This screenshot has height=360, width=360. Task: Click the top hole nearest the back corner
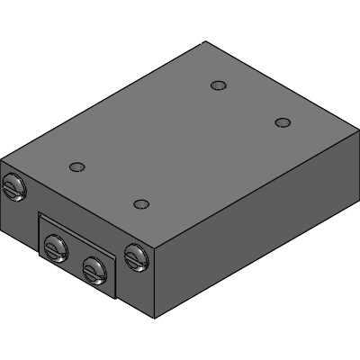tap(217, 85)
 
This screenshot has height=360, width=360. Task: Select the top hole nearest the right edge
tap(283, 122)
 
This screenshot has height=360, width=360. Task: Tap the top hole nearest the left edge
tap(77, 166)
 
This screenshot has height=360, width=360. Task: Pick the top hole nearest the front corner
tap(140, 203)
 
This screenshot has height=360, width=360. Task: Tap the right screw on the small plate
tap(93, 266)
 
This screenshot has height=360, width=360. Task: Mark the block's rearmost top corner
tap(205, 41)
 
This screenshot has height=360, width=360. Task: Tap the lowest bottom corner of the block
tap(155, 318)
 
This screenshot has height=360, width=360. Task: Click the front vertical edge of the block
tap(155, 281)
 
